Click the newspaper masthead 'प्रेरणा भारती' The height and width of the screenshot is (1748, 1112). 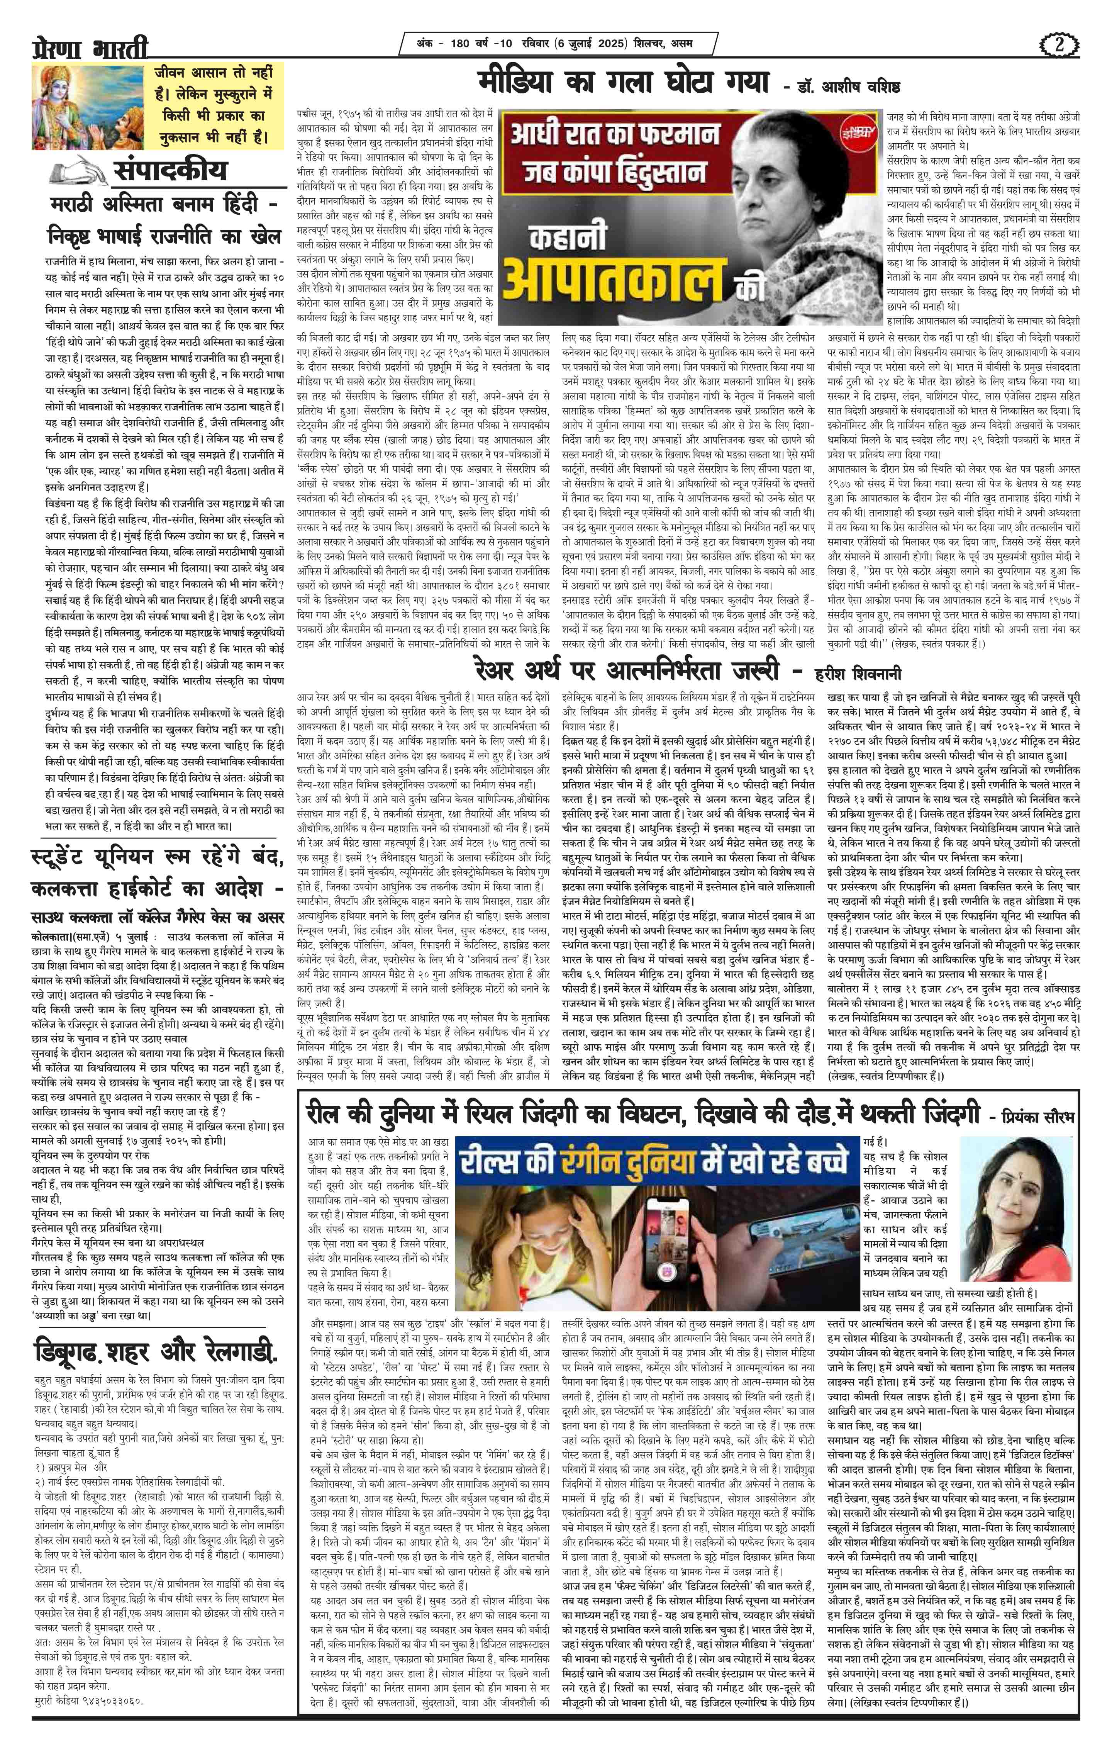click(90, 49)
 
